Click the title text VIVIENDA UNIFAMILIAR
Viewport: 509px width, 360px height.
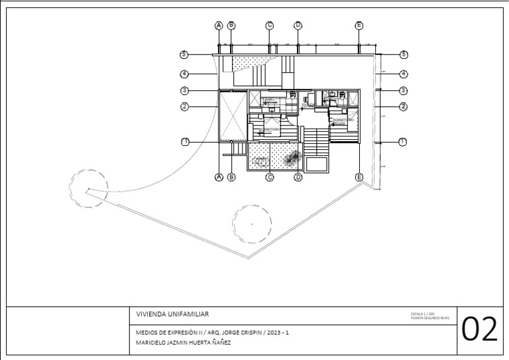tap(174, 314)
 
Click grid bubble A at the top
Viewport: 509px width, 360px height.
tap(219, 25)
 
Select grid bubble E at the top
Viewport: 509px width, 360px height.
tap(359, 25)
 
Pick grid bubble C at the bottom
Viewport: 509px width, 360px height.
tap(270, 177)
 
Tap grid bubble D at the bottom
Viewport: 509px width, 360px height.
tap(298, 177)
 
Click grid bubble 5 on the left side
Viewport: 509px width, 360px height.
tap(185, 54)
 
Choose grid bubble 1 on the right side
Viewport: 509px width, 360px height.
tap(402, 142)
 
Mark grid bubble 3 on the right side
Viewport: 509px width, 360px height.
tap(402, 90)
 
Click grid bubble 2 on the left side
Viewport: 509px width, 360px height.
tap(185, 106)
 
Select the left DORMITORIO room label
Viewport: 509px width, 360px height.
tap(271, 129)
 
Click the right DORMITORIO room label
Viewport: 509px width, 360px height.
tap(343, 120)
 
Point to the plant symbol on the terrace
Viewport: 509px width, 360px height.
tap(292, 157)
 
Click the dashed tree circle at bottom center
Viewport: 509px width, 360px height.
tap(252, 224)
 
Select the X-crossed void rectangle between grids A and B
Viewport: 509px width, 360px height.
tap(233, 115)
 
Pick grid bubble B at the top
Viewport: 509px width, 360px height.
tap(231, 25)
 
